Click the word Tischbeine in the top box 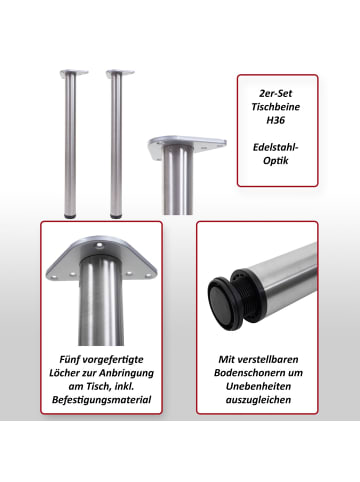[x=277, y=105]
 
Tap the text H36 [x=277, y=119]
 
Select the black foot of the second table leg [x=116, y=215]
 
